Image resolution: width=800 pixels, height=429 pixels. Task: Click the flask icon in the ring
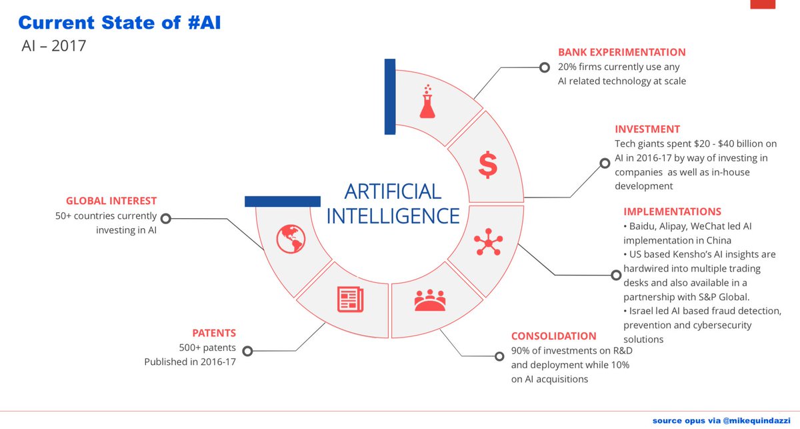click(427, 102)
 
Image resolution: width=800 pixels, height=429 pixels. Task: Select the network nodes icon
click(488, 243)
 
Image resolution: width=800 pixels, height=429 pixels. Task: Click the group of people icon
click(433, 300)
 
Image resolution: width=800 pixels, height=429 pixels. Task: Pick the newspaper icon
click(350, 298)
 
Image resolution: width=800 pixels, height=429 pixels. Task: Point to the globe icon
click(291, 238)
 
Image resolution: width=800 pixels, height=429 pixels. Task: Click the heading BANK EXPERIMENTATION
click(621, 52)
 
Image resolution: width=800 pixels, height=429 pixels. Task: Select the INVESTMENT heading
click(647, 129)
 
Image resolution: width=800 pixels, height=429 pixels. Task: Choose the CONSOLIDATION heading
click(553, 336)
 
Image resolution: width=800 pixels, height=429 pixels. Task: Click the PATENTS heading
click(214, 333)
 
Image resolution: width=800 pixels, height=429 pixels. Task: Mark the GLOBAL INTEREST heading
click(111, 201)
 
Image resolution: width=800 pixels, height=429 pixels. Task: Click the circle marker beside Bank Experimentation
click(544, 67)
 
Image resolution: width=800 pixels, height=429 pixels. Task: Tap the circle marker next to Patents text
click(247, 350)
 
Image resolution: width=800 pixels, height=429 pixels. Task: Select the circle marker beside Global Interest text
click(166, 218)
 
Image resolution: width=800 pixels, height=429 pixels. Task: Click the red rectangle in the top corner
click(763, 4)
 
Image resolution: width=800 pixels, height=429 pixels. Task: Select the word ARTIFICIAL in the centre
click(393, 191)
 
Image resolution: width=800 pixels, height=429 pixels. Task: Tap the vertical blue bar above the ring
click(390, 96)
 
